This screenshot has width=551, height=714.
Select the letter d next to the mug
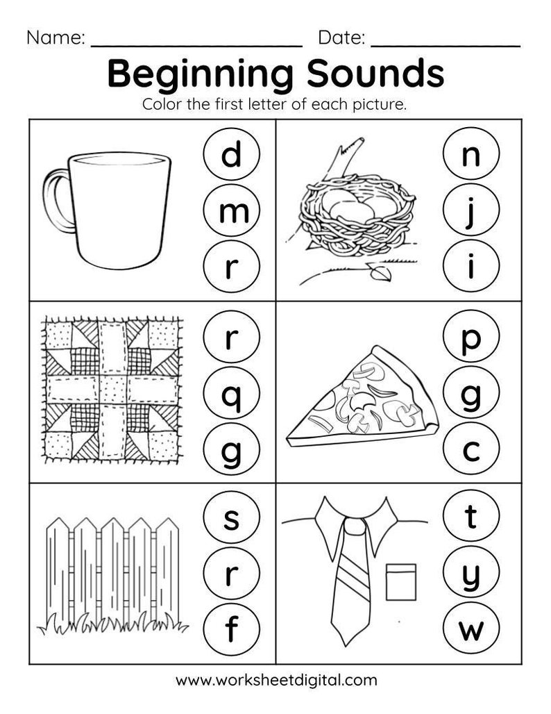232,154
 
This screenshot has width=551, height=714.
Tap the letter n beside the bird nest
471,154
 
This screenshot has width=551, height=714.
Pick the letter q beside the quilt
232,396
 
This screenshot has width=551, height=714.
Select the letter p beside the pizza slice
471,339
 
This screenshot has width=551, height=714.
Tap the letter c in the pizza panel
471,451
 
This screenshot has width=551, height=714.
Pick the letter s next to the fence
232,517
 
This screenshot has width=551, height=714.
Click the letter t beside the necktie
471,517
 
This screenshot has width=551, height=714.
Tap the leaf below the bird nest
379,274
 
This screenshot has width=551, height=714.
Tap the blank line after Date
446,42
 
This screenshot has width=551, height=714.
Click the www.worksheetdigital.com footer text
276,679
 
